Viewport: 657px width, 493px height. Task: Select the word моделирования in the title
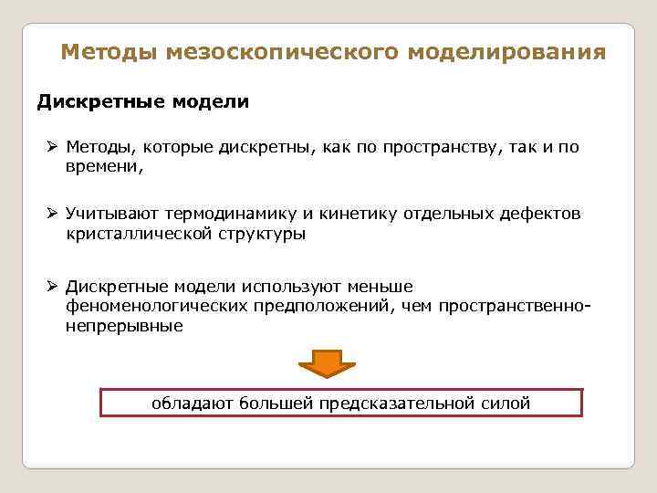506,52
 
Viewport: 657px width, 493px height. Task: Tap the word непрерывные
124,325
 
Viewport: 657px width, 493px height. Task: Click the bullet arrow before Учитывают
53,214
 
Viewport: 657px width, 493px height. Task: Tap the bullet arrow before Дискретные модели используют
53,287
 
